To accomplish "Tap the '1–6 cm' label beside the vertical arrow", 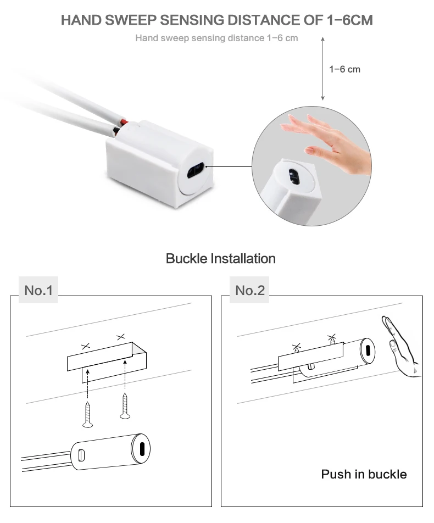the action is (344, 69).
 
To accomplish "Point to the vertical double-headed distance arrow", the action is (322, 69).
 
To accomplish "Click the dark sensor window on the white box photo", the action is (196, 170).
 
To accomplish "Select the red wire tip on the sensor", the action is (124, 122).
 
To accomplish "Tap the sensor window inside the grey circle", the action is (293, 176).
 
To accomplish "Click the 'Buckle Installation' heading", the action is (220, 259).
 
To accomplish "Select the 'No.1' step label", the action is (38, 290).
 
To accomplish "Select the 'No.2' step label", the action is (250, 290).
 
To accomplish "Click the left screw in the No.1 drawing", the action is (87, 415).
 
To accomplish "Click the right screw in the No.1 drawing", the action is (125, 406).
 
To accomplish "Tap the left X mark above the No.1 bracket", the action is (86, 346).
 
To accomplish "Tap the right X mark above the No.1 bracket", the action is (121, 337).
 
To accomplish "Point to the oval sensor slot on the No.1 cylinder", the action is (142, 449).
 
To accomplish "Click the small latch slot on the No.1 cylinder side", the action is (81, 455).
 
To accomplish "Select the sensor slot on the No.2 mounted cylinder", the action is (368, 351).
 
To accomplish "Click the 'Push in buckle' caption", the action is (364, 474).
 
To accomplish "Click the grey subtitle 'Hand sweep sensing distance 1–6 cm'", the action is (216, 38).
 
